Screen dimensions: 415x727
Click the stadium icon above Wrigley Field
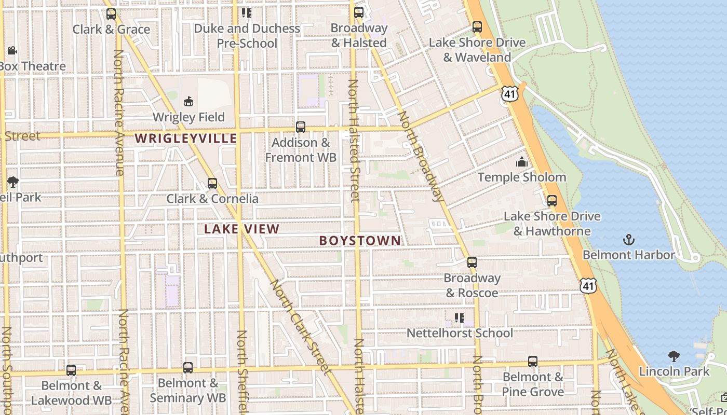click(188, 101)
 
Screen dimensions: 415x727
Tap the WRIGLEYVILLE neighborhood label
click(186, 139)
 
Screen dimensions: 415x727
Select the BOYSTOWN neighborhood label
click(360, 241)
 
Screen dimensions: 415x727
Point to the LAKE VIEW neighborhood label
click(241, 229)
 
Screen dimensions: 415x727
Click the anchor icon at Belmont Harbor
click(629, 240)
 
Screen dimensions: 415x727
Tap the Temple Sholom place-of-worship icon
click(521, 162)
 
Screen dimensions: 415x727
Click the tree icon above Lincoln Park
click(674, 356)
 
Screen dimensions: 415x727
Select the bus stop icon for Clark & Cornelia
click(212, 184)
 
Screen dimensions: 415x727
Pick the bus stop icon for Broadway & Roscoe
click(472, 262)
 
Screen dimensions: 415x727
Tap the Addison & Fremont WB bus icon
click(300, 127)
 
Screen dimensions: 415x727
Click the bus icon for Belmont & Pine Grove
click(532, 362)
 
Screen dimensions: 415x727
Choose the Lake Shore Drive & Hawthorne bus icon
click(551, 201)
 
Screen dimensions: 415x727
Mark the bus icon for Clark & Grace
click(111, 14)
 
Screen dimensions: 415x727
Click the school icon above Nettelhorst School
click(459, 318)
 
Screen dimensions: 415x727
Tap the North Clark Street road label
click(300, 327)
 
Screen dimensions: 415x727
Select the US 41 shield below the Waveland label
click(509, 93)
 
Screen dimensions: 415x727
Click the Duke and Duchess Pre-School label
click(247, 36)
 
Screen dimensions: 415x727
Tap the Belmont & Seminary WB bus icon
click(187, 368)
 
